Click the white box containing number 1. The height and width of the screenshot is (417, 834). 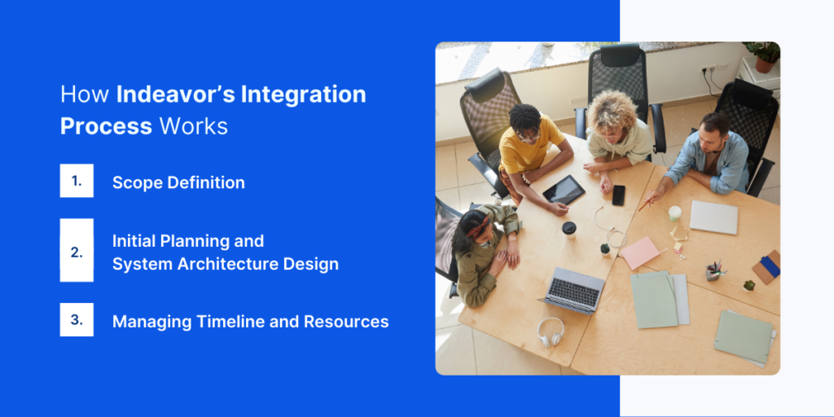point(77,181)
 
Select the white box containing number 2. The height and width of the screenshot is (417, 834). point(77,251)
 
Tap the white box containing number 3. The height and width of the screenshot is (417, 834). point(77,320)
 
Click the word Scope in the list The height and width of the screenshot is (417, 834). point(137,182)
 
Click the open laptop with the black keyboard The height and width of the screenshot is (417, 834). point(573,289)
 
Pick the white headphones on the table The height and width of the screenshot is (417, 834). point(551,331)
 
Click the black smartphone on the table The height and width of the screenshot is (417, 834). point(618,195)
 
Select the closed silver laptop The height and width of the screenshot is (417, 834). point(713,217)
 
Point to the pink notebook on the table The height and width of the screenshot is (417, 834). point(640,252)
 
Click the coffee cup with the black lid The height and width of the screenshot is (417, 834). point(569,230)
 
